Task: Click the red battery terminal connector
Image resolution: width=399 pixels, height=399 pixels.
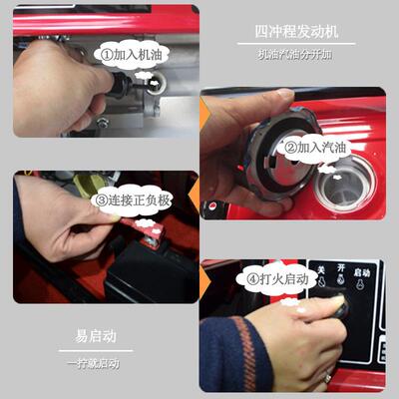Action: [x=150, y=238]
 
